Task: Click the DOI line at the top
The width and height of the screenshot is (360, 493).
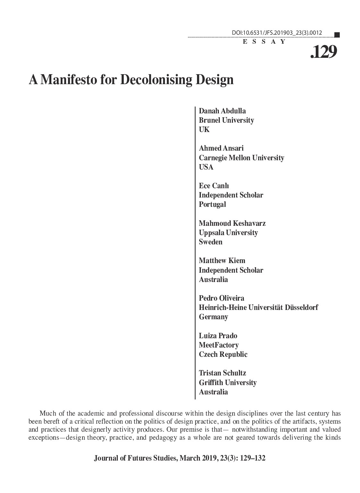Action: coord(277,33)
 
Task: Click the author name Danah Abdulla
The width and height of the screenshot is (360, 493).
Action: coord(222,111)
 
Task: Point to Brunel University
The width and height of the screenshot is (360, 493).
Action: coord(226,120)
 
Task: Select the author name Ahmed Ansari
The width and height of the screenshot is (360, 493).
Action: coord(221,148)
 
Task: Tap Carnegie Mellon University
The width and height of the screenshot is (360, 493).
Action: coord(241,158)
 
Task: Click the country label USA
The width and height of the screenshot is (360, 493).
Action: coord(206,167)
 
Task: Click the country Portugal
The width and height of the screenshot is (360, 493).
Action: coord(212,205)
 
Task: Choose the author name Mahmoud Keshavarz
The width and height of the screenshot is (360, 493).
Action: coord(232,223)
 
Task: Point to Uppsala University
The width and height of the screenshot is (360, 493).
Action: coord(228,233)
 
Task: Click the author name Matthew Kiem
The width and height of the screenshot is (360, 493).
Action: coord(222,260)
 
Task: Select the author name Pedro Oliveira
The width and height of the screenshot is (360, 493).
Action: coord(221,298)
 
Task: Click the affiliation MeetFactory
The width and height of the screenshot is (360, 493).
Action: coord(219,345)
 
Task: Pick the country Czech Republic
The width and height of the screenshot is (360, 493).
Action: coord(223,355)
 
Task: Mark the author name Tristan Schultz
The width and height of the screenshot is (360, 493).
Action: coord(222,373)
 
